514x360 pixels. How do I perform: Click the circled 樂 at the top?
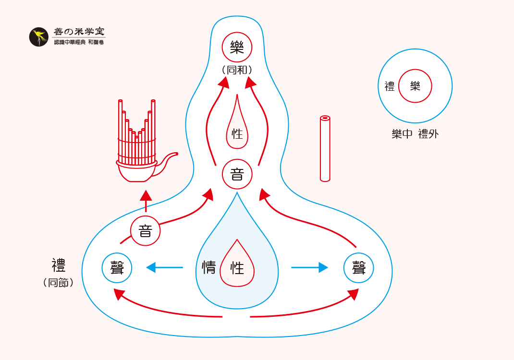[237, 47]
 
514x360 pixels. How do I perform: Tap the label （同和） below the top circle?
[237, 70]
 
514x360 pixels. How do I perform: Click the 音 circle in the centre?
[237, 174]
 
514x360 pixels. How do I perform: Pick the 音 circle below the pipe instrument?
[145, 231]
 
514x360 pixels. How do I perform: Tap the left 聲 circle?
[117, 267]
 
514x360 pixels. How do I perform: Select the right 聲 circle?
[358, 267]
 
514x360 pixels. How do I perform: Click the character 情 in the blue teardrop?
[209, 267]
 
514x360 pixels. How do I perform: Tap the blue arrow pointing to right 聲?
[310, 267]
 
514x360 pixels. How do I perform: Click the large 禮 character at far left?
[59, 265]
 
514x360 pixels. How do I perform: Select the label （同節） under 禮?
[58, 283]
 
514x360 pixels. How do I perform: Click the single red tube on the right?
[325, 149]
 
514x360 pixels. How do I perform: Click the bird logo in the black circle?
[39, 37]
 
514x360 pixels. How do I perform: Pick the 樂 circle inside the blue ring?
[415, 86]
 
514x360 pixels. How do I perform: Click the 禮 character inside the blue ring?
[390, 86]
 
